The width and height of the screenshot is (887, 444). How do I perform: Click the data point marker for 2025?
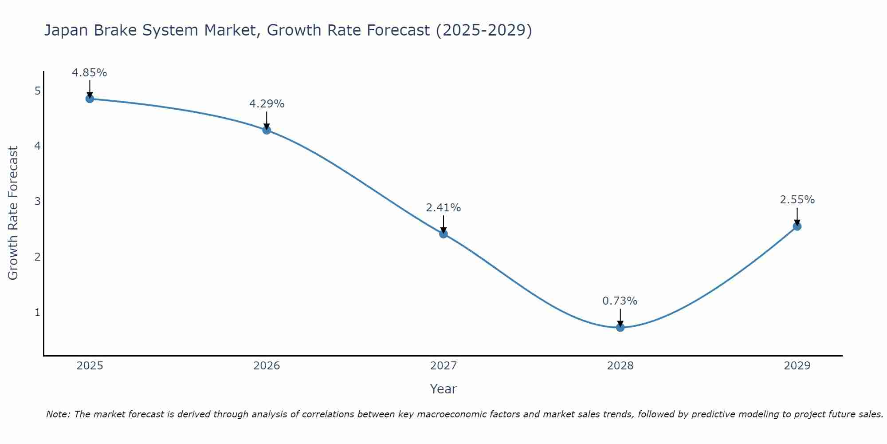click(90, 99)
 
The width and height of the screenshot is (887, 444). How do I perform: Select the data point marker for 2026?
click(267, 130)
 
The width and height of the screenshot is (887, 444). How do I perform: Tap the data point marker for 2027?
click(443, 234)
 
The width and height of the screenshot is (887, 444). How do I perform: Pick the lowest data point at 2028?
click(620, 327)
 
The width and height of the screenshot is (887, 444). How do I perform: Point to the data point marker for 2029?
click(797, 226)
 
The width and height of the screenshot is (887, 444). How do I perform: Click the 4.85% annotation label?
click(90, 73)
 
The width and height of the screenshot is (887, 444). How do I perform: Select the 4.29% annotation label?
click(267, 104)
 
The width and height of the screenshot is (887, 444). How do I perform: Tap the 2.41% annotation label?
click(443, 208)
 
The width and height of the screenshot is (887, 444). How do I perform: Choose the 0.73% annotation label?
click(620, 301)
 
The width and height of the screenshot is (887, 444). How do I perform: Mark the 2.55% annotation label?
click(797, 200)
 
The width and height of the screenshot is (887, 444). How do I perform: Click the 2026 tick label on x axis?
click(267, 366)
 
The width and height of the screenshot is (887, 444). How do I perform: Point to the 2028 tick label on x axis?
click(620, 366)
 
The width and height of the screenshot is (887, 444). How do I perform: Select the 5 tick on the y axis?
click(37, 91)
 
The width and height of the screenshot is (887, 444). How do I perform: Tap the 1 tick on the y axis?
click(37, 313)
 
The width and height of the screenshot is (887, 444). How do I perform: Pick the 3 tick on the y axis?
click(37, 202)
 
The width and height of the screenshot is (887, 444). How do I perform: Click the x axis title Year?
click(443, 389)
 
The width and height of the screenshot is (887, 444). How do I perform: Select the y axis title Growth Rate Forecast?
click(13, 213)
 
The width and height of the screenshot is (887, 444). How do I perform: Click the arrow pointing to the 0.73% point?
click(620, 317)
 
